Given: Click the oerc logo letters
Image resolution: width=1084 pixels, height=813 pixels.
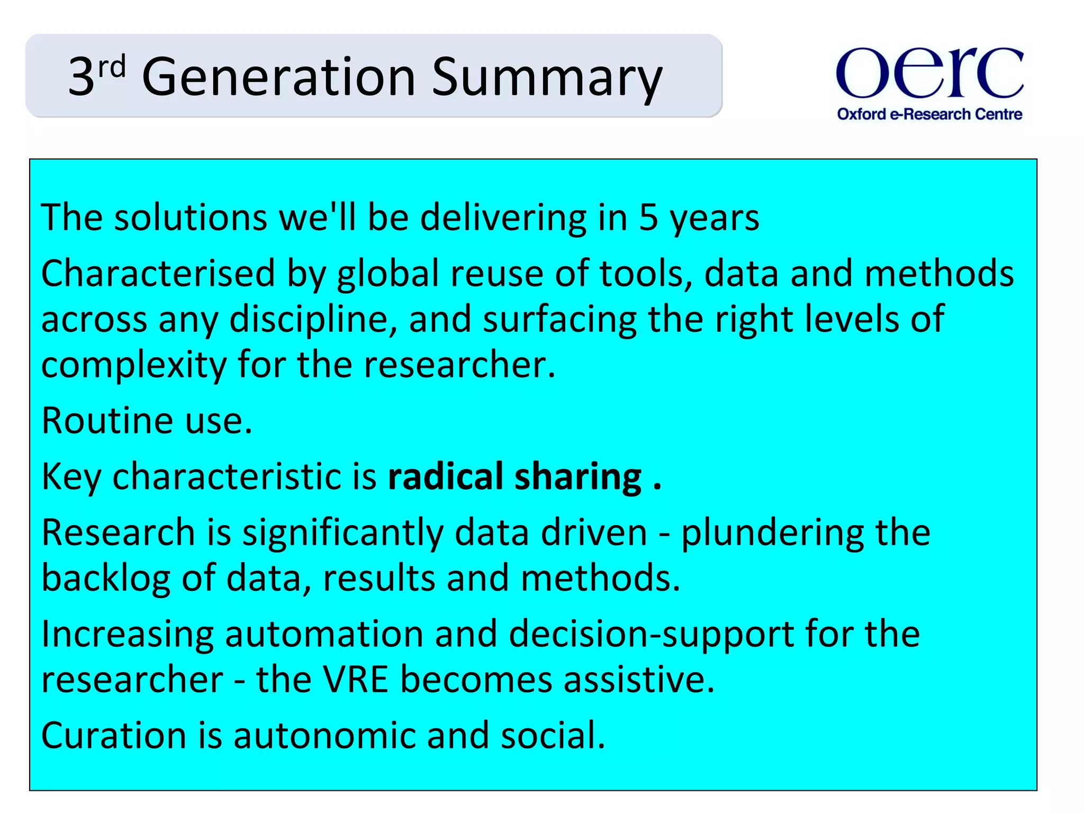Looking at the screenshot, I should [929, 73].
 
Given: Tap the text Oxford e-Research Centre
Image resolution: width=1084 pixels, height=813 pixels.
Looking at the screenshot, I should [929, 114].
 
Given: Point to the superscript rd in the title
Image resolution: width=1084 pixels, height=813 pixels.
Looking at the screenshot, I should [112, 67].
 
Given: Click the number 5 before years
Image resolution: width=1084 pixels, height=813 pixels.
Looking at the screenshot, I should [648, 218].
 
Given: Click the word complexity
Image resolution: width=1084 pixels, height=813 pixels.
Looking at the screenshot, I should [133, 366].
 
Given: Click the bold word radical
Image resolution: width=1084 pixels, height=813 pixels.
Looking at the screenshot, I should [445, 476].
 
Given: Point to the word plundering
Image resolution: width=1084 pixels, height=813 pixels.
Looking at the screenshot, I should [772, 533].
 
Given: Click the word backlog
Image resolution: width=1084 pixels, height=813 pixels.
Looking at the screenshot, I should [106, 579].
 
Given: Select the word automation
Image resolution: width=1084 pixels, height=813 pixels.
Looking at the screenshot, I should [324, 634].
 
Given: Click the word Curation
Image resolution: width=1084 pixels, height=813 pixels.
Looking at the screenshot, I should [114, 736].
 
